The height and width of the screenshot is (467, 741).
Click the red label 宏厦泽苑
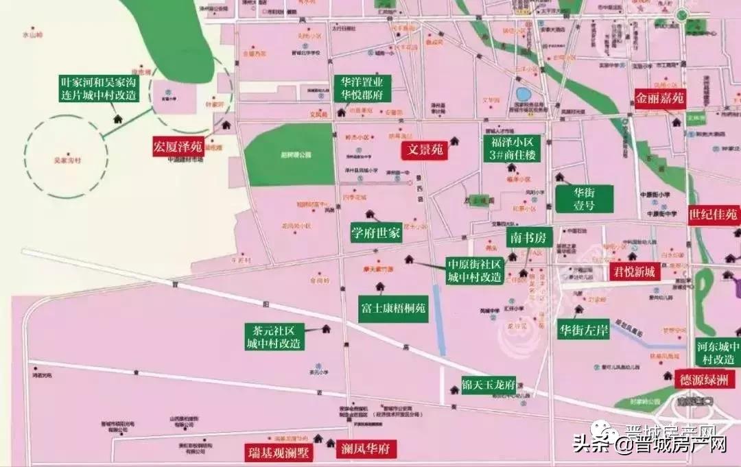coord(178,146)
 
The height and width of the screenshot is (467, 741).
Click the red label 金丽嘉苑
coord(659,97)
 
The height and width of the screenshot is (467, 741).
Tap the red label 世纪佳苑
coord(714,215)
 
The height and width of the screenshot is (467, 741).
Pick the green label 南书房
coord(530,238)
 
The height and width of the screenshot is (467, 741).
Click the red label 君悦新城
coord(634,272)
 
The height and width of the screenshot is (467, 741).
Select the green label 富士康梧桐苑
coord(393,309)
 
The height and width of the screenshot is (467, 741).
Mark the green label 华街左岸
coord(583,330)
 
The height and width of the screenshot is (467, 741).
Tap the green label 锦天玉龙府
coord(489,385)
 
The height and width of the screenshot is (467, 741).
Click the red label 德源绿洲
coord(707,379)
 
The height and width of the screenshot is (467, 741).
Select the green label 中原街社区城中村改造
coord(475,271)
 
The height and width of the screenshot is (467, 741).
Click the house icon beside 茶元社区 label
coord(326,329)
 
